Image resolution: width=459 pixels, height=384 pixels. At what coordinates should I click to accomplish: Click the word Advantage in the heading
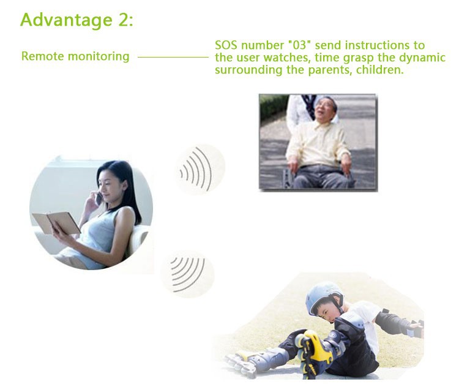pyautogui.click(x=66, y=20)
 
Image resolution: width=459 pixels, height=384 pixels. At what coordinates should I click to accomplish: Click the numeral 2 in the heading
pyautogui.click(x=122, y=20)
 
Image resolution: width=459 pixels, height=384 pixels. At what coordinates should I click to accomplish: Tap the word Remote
pyautogui.click(x=42, y=56)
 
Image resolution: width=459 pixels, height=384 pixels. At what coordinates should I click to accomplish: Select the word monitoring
pyautogui.click(x=98, y=56)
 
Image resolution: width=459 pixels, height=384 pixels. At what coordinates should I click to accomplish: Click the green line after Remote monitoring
pyautogui.click(x=173, y=57)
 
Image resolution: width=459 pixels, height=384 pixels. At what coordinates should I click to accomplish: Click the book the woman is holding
pyautogui.click(x=56, y=223)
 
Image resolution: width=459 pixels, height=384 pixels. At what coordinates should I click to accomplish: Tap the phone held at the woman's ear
pyautogui.click(x=99, y=199)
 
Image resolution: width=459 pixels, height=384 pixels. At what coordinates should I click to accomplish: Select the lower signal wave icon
pyautogui.click(x=188, y=274)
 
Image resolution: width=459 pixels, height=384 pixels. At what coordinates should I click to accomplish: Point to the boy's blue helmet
pyautogui.click(x=324, y=296)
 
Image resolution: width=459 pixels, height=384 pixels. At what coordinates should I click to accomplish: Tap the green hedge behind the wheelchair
pyautogui.click(x=273, y=107)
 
